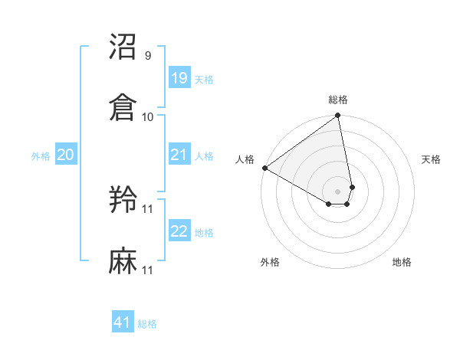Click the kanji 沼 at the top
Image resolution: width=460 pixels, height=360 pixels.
[x=123, y=47]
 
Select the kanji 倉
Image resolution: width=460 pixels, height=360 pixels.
[x=123, y=107]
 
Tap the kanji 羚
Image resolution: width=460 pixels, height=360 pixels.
[x=123, y=200]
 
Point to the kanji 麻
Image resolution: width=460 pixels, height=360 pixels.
[x=123, y=260]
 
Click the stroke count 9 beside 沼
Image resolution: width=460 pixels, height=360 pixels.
[x=148, y=56]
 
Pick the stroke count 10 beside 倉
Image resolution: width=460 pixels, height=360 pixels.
[x=148, y=116]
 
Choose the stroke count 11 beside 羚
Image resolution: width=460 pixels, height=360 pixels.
[x=148, y=208]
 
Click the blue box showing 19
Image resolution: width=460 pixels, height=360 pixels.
[x=179, y=77]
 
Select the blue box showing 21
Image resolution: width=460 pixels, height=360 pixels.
[x=179, y=155]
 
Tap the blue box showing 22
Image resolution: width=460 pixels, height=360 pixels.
[x=179, y=231]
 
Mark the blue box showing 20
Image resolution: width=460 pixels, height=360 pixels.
[x=65, y=155]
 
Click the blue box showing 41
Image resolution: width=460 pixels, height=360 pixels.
[x=123, y=323]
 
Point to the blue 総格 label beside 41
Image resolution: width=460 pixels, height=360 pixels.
[x=147, y=324]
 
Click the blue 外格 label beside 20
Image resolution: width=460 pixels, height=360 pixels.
[x=41, y=155]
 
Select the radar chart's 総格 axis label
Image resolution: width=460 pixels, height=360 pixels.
[x=338, y=100]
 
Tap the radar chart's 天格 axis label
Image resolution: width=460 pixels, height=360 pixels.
[x=432, y=159]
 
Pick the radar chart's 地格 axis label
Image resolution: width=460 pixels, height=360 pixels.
[x=402, y=262]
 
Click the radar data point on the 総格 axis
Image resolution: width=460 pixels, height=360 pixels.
[x=338, y=116]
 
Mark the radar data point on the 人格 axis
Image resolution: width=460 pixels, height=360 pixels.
[x=264, y=168]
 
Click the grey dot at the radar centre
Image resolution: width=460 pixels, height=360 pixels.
[x=338, y=191]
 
